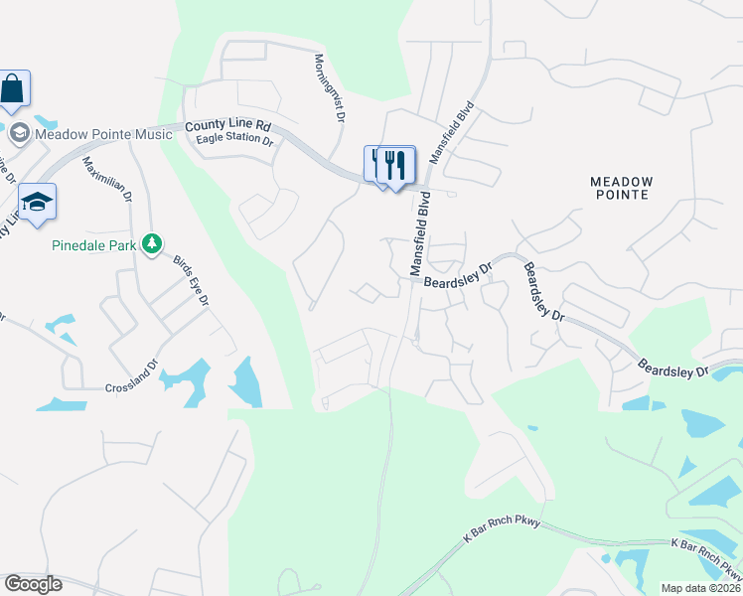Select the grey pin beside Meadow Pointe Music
pyautogui.click(x=19, y=133)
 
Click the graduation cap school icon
pyautogui.click(x=37, y=202)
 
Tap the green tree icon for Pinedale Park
pyautogui.click(x=151, y=243)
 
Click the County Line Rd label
pyautogui.click(x=227, y=127)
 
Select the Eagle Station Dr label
pyautogui.click(x=234, y=141)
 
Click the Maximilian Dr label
pyautogui.click(x=107, y=179)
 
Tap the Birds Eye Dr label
pyautogui.click(x=193, y=281)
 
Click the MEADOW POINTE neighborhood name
pyautogui.click(x=622, y=188)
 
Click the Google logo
pyautogui.click(x=33, y=584)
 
